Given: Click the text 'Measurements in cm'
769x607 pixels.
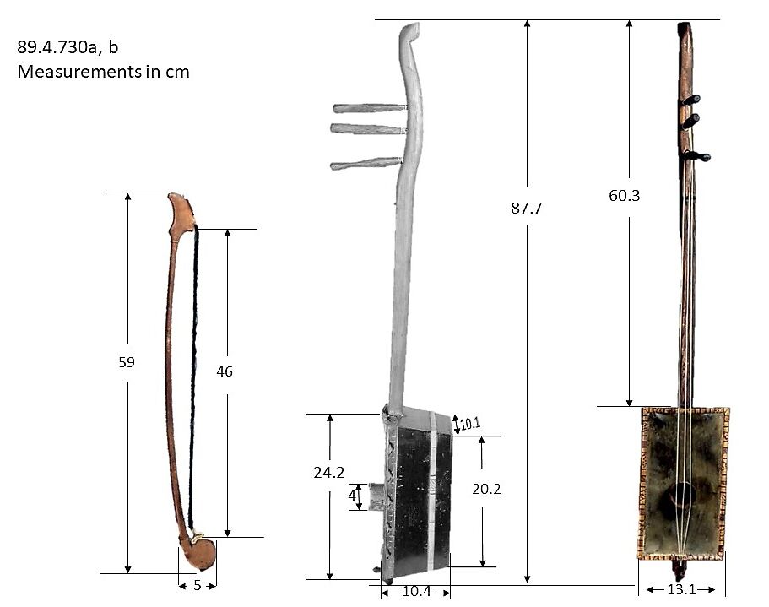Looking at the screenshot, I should (103, 72).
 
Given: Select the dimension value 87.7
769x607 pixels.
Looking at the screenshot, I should (526, 208).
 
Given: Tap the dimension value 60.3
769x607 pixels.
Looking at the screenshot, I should (625, 195).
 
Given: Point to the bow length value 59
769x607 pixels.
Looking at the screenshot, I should (127, 361).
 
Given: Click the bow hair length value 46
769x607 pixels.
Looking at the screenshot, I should (225, 371).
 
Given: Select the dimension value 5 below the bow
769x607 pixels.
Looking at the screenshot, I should (197, 584).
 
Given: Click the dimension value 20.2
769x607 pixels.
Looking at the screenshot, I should (484, 488).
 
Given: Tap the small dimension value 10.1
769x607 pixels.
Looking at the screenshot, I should (470, 423).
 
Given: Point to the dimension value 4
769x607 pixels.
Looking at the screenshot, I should (352, 496).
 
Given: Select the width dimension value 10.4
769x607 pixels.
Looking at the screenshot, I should (416, 592).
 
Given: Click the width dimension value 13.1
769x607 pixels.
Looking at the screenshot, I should (681, 589).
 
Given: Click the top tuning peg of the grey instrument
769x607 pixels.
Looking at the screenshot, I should (370, 108).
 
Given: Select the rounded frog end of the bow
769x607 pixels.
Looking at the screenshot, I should (200, 554).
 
